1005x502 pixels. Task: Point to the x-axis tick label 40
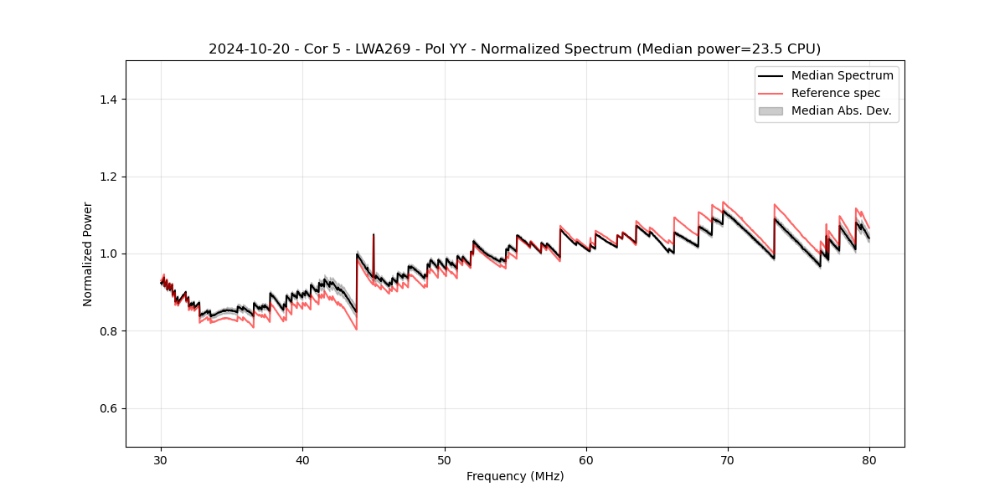coord(303,459)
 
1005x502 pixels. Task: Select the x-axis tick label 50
coord(445,459)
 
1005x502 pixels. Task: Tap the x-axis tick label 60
coord(586,459)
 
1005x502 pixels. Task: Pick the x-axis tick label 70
coord(728,459)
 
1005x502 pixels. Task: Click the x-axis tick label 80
coord(869,459)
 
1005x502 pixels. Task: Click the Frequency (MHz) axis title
coord(515,476)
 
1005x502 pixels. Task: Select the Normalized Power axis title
coord(88,254)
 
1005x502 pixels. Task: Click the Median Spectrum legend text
coord(842,75)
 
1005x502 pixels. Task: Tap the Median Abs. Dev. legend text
coord(841,110)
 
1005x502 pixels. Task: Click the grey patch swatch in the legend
coord(770,110)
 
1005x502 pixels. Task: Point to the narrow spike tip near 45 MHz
coord(374,234)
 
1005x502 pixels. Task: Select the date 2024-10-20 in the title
coord(244,49)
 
